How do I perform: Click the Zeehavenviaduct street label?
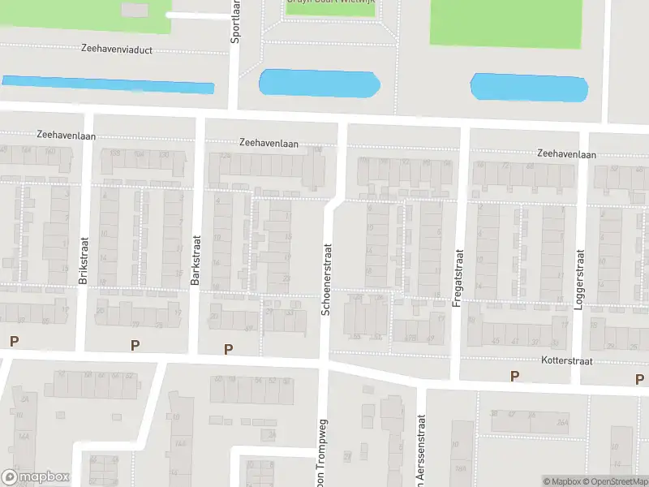[117, 49]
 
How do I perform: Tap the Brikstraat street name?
[84, 260]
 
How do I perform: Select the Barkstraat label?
[196, 260]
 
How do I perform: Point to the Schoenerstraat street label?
[328, 280]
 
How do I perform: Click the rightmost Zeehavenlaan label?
[566, 154]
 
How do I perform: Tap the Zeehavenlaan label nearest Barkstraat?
[269, 143]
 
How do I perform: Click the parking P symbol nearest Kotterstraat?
[514, 376]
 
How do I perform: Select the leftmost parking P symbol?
[13, 341]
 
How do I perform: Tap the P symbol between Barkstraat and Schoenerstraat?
[229, 349]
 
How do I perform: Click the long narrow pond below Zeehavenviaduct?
[108, 84]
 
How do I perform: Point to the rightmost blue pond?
[529, 88]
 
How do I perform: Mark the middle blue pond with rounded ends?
[319, 83]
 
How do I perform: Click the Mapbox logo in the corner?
[36, 477]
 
